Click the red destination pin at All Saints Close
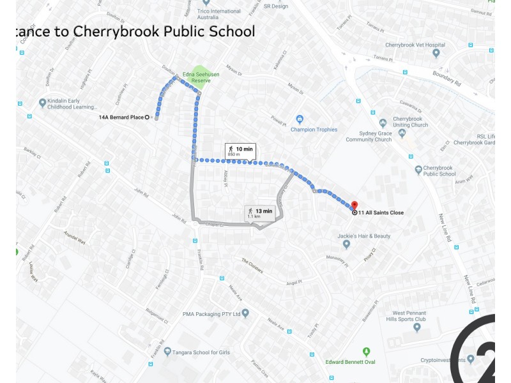click(x=354, y=206)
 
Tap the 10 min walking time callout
click(x=240, y=151)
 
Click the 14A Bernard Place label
click(x=121, y=117)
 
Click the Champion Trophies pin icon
click(x=299, y=119)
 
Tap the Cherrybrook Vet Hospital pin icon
click(x=436, y=53)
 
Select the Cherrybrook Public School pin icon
click(x=419, y=170)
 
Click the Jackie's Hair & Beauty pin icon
click(x=346, y=244)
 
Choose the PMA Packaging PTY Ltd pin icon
click(x=245, y=313)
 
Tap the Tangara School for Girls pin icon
click(x=167, y=352)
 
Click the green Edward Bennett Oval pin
click(x=366, y=352)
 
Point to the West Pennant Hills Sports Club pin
click(x=417, y=327)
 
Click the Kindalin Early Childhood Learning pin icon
click(x=43, y=103)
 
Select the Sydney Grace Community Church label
click(x=369, y=136)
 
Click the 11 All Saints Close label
click(x=381, y=213)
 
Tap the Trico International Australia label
click(x=219, y=14)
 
